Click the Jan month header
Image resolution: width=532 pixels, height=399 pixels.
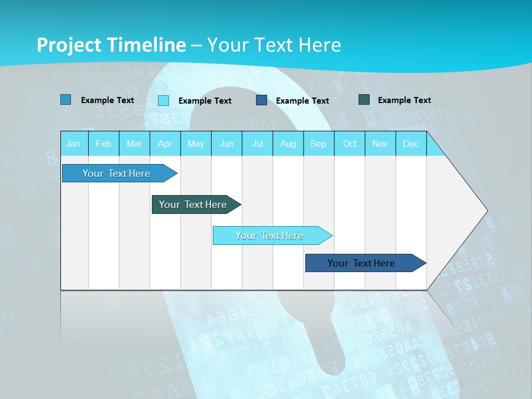[73, 144]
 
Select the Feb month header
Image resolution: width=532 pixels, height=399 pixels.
[104, 144]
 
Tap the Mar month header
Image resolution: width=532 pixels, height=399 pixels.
[134, 144]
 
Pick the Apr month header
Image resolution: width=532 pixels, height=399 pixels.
[165, 144]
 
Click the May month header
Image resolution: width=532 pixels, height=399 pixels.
[196, 144]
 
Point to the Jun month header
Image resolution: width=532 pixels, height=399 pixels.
[227, 144]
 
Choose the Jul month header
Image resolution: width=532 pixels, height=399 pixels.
[257, 144]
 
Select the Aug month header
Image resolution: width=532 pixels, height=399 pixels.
[288, 144]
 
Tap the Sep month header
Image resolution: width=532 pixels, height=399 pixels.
[319, 144]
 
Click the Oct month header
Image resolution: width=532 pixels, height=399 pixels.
[350, 144]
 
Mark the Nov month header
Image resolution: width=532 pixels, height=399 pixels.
[380, 144]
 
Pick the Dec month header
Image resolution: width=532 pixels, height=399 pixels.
[411, 144]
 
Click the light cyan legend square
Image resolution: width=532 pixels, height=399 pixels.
[163, 100]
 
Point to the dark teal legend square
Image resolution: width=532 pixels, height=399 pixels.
[364, 100]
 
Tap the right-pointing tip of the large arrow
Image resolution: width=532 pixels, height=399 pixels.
[485, 211]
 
